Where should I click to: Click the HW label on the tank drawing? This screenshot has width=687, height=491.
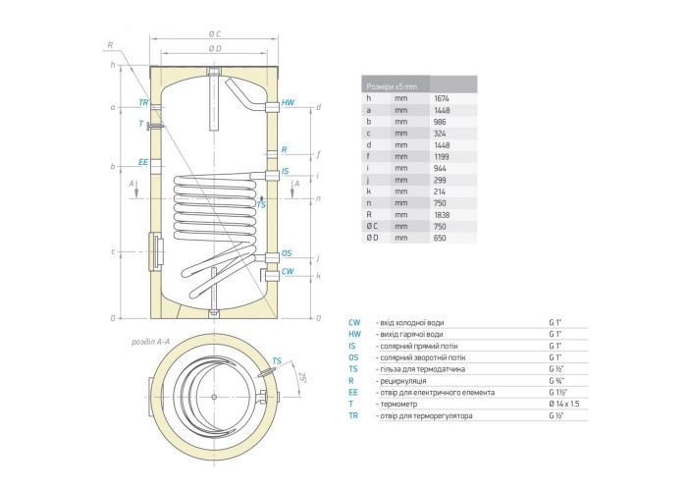tap(288, 102)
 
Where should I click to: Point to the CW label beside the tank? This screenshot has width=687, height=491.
tap(288, 270)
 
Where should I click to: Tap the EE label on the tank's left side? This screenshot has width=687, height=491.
tap(143, 161)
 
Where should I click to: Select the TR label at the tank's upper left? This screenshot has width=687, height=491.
tap(143, 102)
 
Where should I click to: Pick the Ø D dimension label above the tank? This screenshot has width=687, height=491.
tap(214, 48)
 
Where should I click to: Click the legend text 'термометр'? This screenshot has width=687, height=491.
tap(396, 404)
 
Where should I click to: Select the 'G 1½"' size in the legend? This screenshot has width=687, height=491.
tap(558, 392)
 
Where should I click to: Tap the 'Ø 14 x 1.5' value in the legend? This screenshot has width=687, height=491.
tap(566, 404)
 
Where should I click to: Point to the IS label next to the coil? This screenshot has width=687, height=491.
tap(286, 171)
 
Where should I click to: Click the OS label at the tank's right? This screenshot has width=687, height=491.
tap(287, 253)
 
